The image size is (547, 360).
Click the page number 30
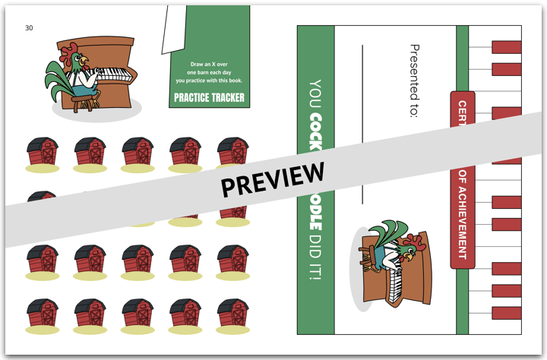click(29, 28)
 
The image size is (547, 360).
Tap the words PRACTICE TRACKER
click(209, 97)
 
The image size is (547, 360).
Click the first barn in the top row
click(42, 152)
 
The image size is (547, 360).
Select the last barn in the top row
click(233, 152)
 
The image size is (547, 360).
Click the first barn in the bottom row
click(42, 314)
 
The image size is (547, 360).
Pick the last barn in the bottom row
click(233, 314)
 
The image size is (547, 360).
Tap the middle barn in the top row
click(138, 152)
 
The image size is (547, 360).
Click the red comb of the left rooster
click(69, 50)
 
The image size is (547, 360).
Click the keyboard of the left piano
click(112, 74)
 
